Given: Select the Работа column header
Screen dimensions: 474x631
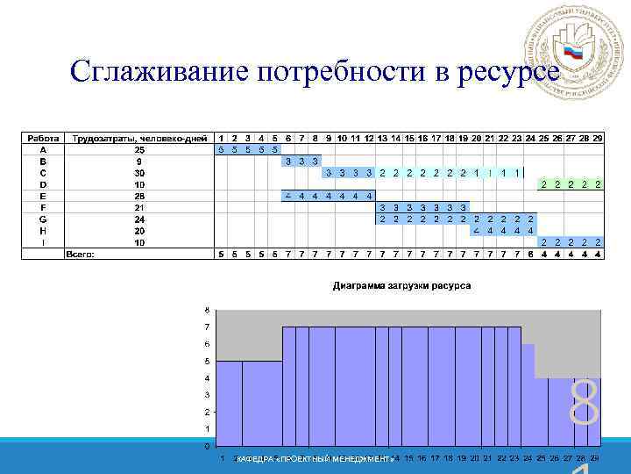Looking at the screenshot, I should coord(42,139).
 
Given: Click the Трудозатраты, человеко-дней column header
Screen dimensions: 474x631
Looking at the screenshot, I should coord(139,139).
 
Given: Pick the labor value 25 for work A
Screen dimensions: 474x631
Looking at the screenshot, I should coord(139,150).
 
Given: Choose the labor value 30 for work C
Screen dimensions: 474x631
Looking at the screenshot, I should coord(139,173).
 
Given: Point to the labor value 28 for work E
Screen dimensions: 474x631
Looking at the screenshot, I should coord(139,196).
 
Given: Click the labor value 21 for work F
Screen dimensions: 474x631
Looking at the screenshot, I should coord(139,208).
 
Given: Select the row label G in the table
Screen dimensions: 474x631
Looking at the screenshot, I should coord(42,219).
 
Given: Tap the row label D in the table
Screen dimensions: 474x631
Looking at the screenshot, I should coord(42,184).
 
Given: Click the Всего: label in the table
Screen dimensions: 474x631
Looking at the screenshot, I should coord(81,255).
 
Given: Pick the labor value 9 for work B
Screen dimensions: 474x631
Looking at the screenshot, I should coord(139,162).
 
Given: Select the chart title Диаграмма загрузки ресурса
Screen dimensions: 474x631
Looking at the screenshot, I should coord(401,286).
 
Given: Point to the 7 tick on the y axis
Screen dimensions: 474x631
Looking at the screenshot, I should coord(207,327).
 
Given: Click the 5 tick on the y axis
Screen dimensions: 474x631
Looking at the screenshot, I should coord(207,361).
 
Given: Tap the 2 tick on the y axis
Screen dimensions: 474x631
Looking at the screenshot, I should coord(207,412).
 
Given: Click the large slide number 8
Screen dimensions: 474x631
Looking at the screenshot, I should coord(584,404).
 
